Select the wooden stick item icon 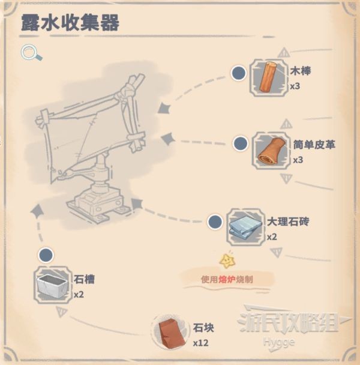coord(268,77)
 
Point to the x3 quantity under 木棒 coord(295,86)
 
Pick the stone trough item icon coord(53,285)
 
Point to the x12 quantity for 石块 coord(200,343)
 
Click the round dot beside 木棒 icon coord(239,73)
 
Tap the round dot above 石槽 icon coord(44,255)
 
